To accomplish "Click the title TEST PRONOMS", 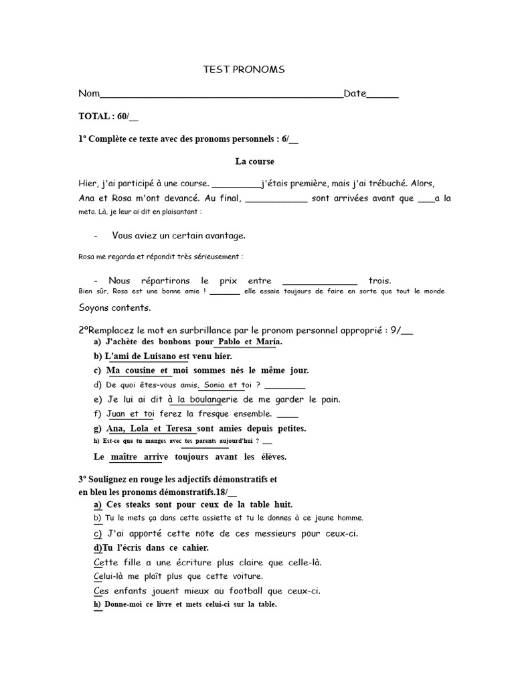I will coord(244,69).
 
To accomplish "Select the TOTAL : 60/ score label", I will coord(108,117).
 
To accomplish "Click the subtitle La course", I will coord(254,161).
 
